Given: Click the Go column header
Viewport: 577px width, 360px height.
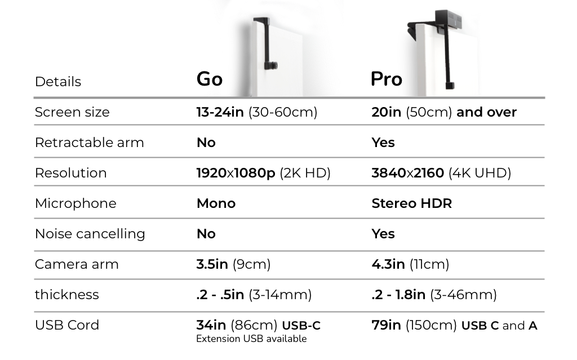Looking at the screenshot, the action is (x=210, y=79).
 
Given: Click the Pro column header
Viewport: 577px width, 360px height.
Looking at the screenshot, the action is (x=387, y=79).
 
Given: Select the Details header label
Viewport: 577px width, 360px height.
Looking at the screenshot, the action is (x=58, y=82).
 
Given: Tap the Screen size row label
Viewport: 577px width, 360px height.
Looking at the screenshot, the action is (x=72, y=112).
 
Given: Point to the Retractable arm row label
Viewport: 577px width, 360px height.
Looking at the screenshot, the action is (x=90, y=143).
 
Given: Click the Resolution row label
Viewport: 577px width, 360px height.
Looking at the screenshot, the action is (x=70, y=173).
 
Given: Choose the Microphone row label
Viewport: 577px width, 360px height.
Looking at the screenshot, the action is (x=76, y=203).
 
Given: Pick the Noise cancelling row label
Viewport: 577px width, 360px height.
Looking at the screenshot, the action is (x=90, y=234).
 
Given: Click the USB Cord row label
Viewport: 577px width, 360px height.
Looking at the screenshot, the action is (x=67, y=325).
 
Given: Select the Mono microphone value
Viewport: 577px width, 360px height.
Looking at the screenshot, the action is (x=216, y=203).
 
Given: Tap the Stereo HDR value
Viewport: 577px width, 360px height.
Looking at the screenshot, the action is (x=412, y=203).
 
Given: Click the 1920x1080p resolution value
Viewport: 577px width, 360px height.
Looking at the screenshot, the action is (x=236, y=173).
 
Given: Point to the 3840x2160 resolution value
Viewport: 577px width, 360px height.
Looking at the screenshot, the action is (x=408, y=173).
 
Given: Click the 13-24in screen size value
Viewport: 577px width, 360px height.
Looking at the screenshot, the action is (x=220, y=112).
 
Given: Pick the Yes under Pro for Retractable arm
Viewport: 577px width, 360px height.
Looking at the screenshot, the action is (x=383, y=143).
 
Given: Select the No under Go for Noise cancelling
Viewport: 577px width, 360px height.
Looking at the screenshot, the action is (x=206, y=234).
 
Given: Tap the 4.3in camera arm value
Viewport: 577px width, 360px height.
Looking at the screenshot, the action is (x=388, y=264).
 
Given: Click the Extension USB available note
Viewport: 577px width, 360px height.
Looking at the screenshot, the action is (x=251, y=339).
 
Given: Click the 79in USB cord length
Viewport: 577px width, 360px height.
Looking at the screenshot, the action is (x=387, y=325).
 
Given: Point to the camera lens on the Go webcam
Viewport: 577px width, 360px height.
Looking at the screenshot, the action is (x=272, y=66).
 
